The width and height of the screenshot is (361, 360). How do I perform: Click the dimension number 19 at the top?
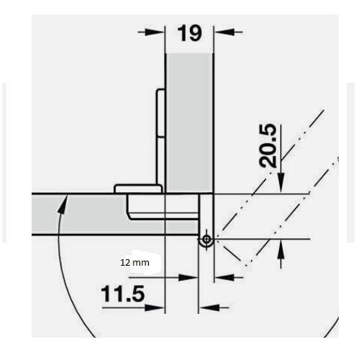pos(189,33)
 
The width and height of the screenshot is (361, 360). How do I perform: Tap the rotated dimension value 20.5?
pos(268,145)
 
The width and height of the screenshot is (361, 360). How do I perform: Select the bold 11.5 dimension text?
pos(123,294)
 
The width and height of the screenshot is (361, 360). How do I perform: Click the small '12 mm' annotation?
pos(134,263)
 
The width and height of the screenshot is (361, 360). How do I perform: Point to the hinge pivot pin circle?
pos(206,239)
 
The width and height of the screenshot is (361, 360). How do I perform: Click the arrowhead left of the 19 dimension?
pos(154,32)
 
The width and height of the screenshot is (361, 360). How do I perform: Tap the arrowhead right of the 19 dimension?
pos(224,32)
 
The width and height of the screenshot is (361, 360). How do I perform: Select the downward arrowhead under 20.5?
pos(280,183)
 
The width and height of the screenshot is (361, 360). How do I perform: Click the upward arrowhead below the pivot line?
pos(280,249)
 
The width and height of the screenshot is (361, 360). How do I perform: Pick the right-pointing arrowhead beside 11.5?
pos(155,307)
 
